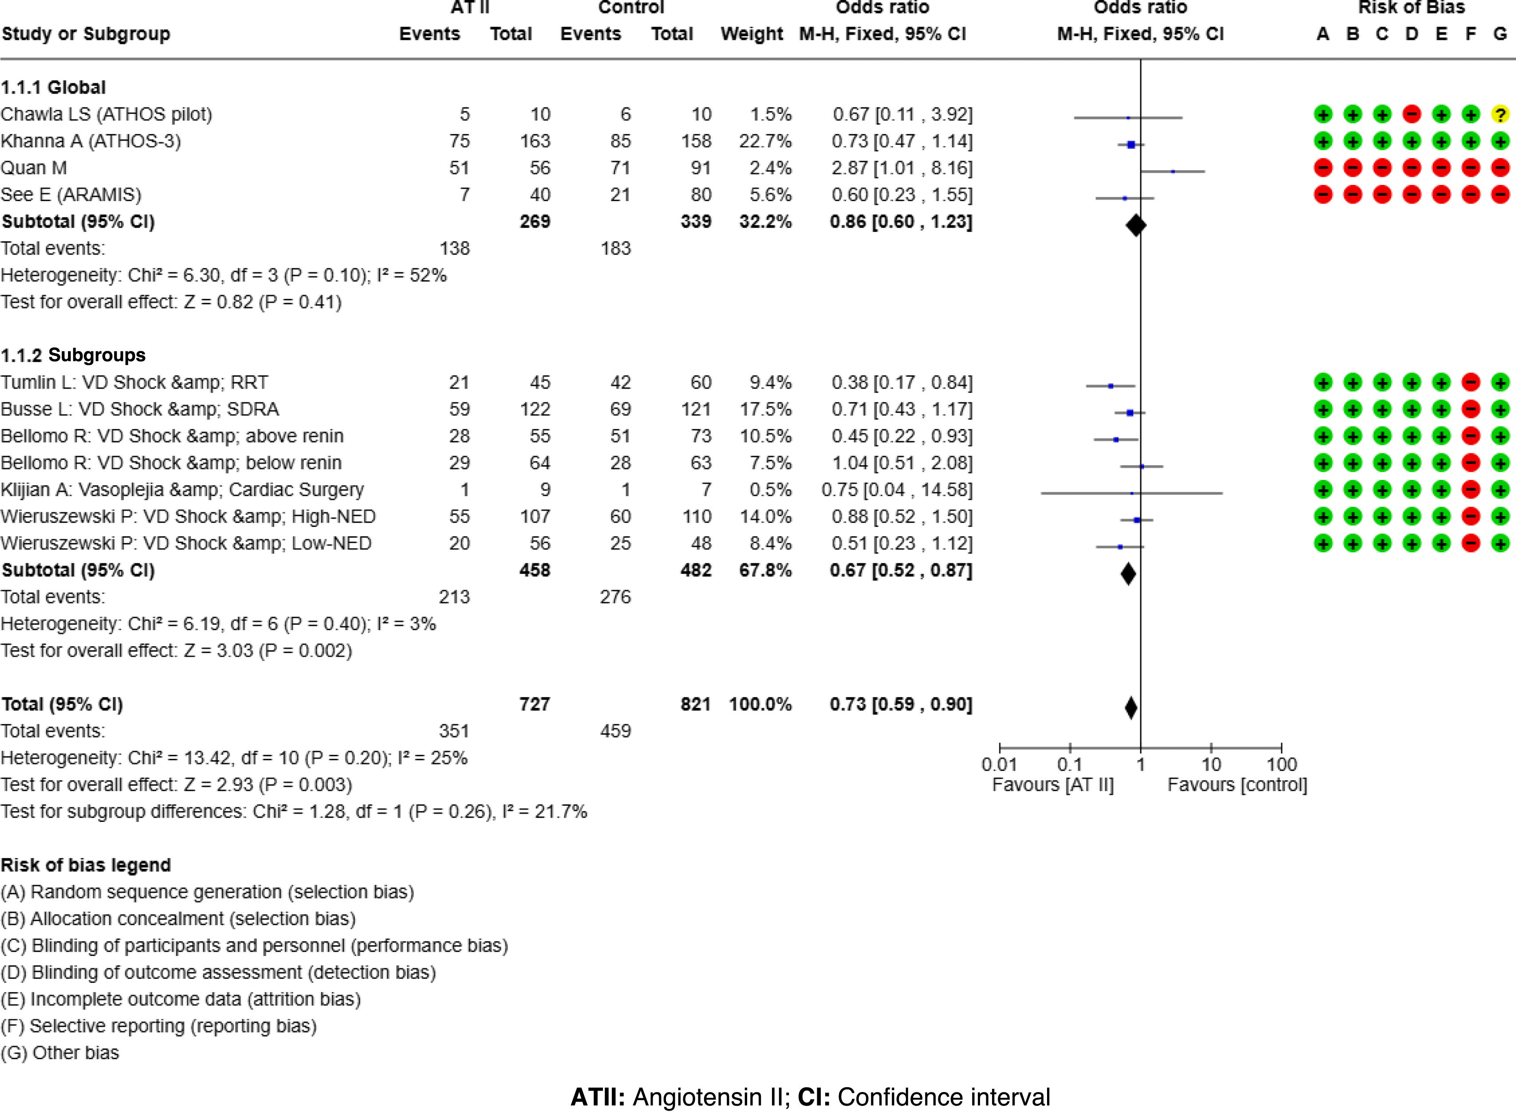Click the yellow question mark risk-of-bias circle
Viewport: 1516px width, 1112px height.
1500,114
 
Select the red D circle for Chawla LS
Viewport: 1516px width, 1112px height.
1412,114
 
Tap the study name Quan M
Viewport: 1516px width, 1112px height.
34,168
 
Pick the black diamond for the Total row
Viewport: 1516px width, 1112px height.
1131,707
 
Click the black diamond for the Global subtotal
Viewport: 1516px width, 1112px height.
1136,225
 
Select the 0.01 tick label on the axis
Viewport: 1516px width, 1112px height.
999,765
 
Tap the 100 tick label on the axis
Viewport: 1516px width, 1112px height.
1281,765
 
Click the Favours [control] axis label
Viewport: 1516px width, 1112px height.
1236,785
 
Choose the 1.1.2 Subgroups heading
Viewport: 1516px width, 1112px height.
73,355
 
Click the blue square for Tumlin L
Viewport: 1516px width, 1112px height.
1111,386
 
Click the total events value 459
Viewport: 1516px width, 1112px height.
615,731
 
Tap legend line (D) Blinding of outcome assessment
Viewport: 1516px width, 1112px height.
218,973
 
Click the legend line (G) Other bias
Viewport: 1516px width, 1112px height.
60,1053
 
